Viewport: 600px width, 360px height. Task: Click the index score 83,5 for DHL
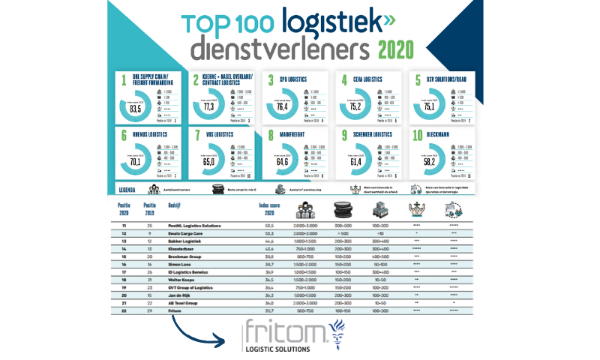[136, 108]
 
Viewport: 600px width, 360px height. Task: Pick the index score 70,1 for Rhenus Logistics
[136, 160]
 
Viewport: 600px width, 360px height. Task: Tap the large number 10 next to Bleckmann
[418, 136]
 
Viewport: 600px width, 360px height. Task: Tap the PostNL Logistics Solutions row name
[193, 224]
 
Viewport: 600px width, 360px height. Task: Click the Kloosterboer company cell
[183, 247]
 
